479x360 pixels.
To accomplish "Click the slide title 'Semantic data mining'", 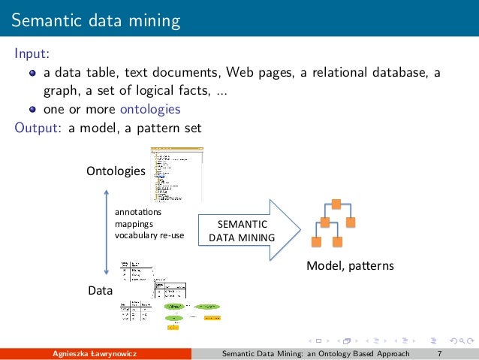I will click(x=95, y=20).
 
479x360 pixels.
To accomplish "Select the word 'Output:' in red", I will click(x=39, y=127).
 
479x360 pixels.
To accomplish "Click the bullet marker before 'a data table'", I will click(x=33, y=74).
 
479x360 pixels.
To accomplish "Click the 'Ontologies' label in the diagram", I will click(x=116, y=171).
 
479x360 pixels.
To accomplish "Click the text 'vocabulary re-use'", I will click(x=149, y=235).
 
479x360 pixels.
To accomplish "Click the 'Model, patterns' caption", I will click(x=350, y=267).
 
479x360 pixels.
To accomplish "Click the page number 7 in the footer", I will click(x=438, y=353).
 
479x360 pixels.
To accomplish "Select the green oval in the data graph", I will click(x=173, y=307).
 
